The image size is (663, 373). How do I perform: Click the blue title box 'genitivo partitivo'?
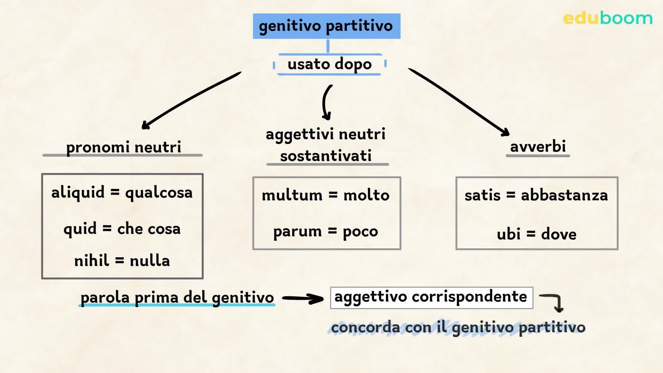pyautogui.click(x=326, y=26)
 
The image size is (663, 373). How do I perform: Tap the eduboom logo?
pyautogui.click(x=607, y=18)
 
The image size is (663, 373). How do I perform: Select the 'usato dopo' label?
pyautogui.click(x=329, y=64)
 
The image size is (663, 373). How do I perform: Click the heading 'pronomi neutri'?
pyautogui.click(x=123, y=147)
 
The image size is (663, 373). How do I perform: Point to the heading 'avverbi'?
pyautogui.click(x=538, y=146)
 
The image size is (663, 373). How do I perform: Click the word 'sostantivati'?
pyautogui.click(x=326, y=156)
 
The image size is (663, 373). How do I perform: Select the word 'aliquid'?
pyautogui.click(x=78, y=192)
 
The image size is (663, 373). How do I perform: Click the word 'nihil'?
pyautogui.click(x=92, y=260)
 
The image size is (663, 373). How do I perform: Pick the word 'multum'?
pyautogui.click(x=292, y=195)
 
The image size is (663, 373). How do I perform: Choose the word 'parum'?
pyautogui.click(x=297, y=232)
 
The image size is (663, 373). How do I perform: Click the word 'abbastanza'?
pyautogui.click(x=564, y=195)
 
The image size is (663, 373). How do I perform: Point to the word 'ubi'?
pyautogui.click(x=508, y=235)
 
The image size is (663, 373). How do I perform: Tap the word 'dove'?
pyautogui.click(x=558, y=235)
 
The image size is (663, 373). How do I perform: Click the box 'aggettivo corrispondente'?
pyautogui.click(x=431, y=297)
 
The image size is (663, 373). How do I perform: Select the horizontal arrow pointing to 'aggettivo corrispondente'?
pyautogui.click(x=302, y=298)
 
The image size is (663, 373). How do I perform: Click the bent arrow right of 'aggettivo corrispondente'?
pyautogui.click(x=554, y=302)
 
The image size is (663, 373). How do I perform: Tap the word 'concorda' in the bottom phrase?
pyautogui.click(x=365, y=327)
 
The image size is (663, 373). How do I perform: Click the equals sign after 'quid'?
pyautogui.click(x=107, y=228)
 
